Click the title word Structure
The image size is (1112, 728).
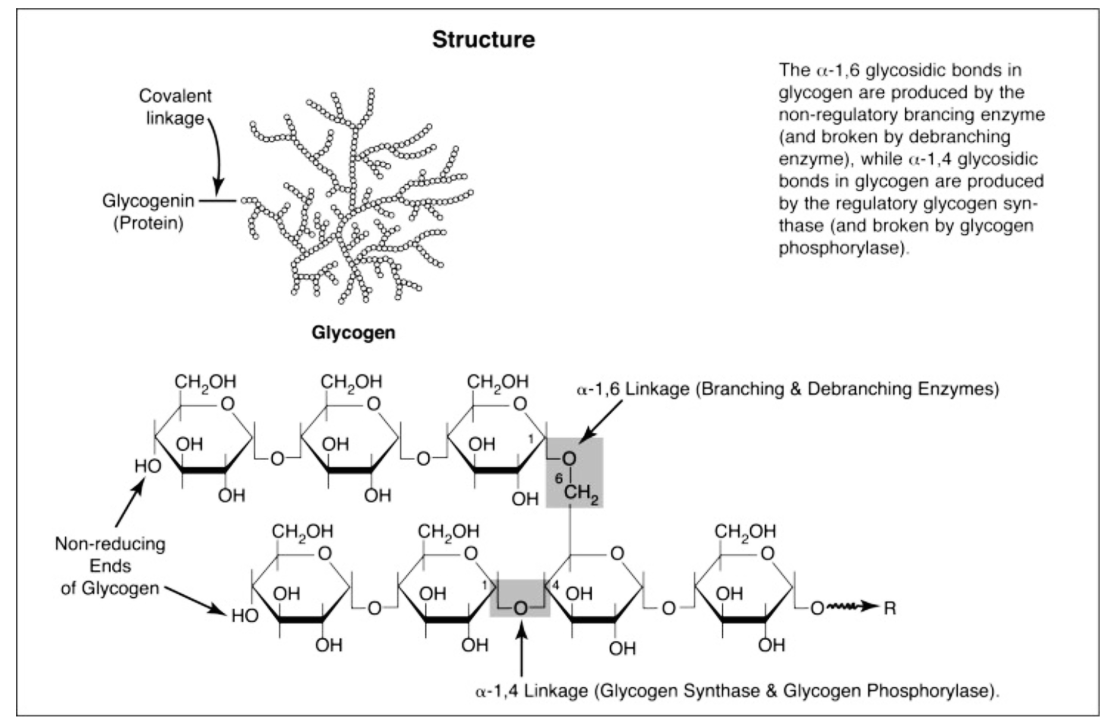483,40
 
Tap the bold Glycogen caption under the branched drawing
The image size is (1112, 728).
353,333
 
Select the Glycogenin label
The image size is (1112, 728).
148,201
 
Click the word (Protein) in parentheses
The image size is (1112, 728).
149,223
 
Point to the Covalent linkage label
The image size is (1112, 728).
175,107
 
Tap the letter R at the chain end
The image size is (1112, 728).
890,608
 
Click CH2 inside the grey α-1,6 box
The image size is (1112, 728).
580,493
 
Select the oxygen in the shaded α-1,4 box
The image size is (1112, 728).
520,608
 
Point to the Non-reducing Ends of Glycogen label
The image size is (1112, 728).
110,566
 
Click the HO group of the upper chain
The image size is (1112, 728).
147,466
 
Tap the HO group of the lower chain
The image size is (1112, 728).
245,616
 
